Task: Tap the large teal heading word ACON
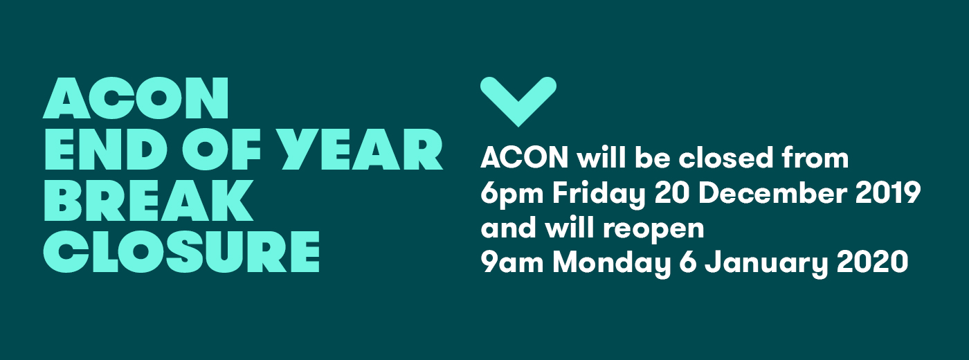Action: point(136,98)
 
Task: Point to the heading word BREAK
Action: point(148,200)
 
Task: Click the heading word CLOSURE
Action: point(181,251)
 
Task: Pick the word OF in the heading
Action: point(221,150)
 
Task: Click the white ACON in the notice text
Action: point(525,158)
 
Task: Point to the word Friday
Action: point(599,195)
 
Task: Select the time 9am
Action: point(511,262)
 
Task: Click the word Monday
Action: point(611,264)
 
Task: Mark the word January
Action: point(766,264)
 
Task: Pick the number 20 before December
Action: point(672,193)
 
